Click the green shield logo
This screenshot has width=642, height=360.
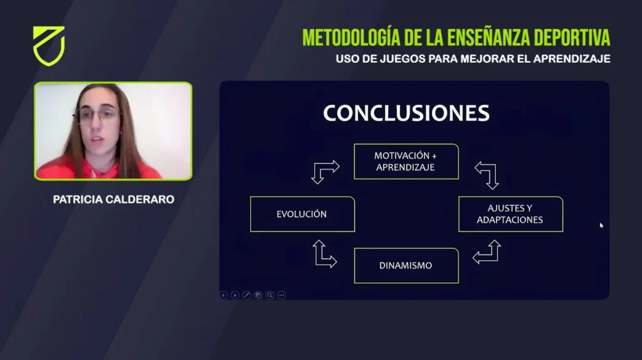(x=49, y=46)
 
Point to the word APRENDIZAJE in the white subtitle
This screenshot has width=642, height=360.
(x=572, y=59)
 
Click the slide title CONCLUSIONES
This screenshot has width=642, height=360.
(x=406, y=113)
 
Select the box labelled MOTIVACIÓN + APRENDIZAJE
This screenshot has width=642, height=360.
(x=406, y=161)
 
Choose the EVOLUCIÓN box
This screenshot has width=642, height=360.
(x=302, y=214)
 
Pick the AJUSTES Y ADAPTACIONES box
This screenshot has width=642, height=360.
(x=510, y=214)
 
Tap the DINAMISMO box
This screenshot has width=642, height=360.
(x=406, y=265)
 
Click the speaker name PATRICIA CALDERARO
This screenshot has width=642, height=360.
(x=113, y=199)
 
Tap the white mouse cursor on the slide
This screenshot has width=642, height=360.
(x=601, y=225)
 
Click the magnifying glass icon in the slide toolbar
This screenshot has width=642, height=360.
(x=270, y=295)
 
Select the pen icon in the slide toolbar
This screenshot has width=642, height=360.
(x=246, y=295)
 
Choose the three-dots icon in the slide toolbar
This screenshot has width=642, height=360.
(x=282, y=295)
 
